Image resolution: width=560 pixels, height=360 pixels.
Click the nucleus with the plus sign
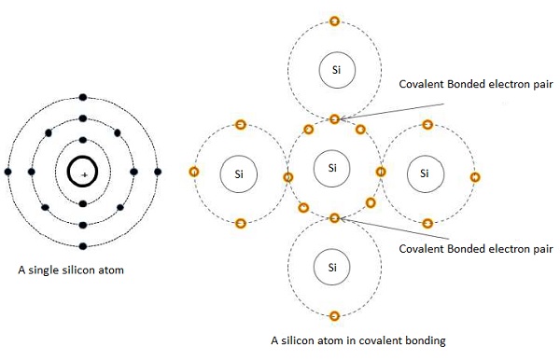pyautogui.click(x=84, y=173)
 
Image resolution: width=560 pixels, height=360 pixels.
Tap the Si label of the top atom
pyautogui.click(x=333, y=69)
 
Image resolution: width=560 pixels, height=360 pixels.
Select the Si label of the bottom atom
pyautogui.click(x=333, y=268)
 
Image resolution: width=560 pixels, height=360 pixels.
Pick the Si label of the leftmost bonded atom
pyautogui.click(x=239, y=173)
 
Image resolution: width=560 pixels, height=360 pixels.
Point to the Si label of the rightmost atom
pyautogui.click(x=426, y=173)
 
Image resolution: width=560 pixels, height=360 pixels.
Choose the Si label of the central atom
pyautogui.click(x=333, y=168)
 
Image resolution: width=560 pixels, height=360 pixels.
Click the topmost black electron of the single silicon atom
pyautogui.click(x=84, y=98)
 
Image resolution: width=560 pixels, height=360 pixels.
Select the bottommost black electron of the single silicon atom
pyautogui.click(x=84, y=246)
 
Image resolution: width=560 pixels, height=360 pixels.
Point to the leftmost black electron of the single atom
pyautogui.click(x=8, y=173)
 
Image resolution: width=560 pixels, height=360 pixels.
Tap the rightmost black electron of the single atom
pyautogui.click(x=158, y=173)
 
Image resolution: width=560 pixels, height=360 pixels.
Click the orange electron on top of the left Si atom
pyautogui.click(x=240, y=124)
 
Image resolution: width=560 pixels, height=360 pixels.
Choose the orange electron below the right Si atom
pyautogui.click(x=427, y=223)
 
